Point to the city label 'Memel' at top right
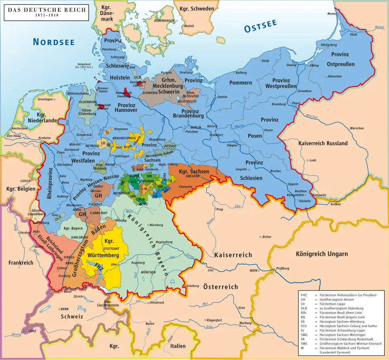(x=332, y=14)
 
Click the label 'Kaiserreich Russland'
(x=323, y=144)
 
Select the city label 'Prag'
(x=220, y=210)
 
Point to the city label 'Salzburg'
(x=192, y=286)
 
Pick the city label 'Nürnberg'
(x=156, y=225)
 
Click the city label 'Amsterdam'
(x=19, y=129)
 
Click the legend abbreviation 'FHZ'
(x=304, y=295)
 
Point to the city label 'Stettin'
(x=222, y=97)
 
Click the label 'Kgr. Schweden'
(x=194, y=9)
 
